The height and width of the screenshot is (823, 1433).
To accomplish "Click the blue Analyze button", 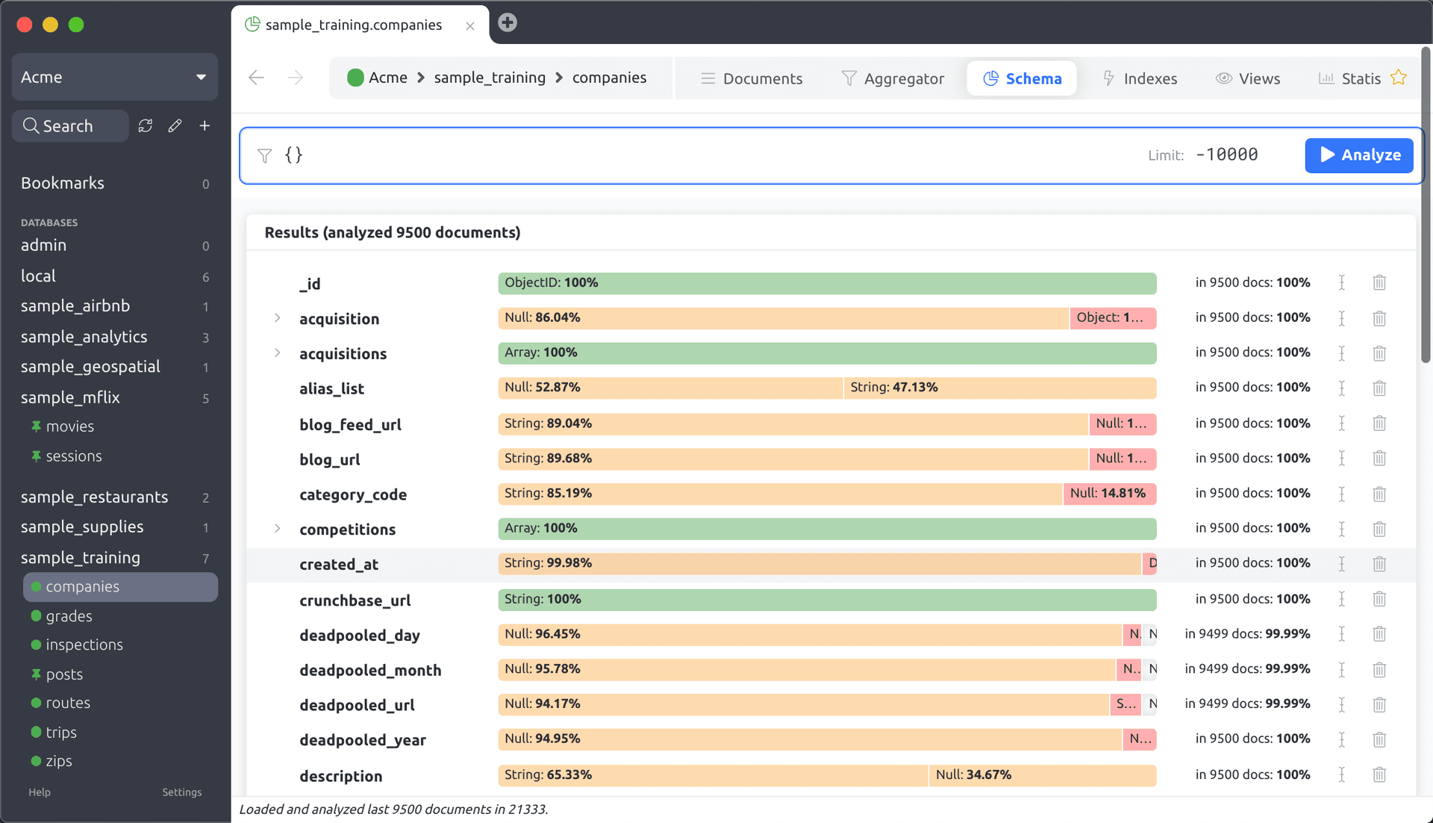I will (1358, 155).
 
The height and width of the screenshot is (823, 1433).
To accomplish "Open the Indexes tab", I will (1140, 78).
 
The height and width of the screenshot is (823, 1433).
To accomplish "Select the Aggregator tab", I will (893, 78).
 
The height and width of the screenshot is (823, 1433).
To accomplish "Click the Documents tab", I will (752, 78).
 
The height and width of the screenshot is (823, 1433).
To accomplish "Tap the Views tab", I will (1248, 78).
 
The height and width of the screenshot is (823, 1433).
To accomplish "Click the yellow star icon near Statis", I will (1399, 78).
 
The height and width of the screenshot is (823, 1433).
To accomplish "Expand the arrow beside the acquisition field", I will (278, 318).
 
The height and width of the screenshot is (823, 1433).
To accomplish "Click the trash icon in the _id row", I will (1379, 283).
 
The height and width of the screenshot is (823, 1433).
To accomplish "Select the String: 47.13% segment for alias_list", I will (999, 388).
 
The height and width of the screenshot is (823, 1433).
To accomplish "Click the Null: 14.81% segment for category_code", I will (1108, 494).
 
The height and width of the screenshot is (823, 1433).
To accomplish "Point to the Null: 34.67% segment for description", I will (1042, 775).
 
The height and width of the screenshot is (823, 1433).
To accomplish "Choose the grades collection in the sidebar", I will (69, 616).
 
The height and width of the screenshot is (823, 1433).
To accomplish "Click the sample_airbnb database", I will (75, 306).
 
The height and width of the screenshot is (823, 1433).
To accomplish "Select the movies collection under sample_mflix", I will (69, 426).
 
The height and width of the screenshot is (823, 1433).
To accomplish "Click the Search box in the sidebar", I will (70, 126).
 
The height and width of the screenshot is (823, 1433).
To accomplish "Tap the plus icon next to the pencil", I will (205, 126).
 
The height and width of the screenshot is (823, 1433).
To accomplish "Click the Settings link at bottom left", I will (181, 792).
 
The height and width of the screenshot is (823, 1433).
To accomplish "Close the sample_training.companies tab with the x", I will (470, 26).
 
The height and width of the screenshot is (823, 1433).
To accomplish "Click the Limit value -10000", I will (1226, 155).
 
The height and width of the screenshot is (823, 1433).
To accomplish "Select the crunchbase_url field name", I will (355, 600).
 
